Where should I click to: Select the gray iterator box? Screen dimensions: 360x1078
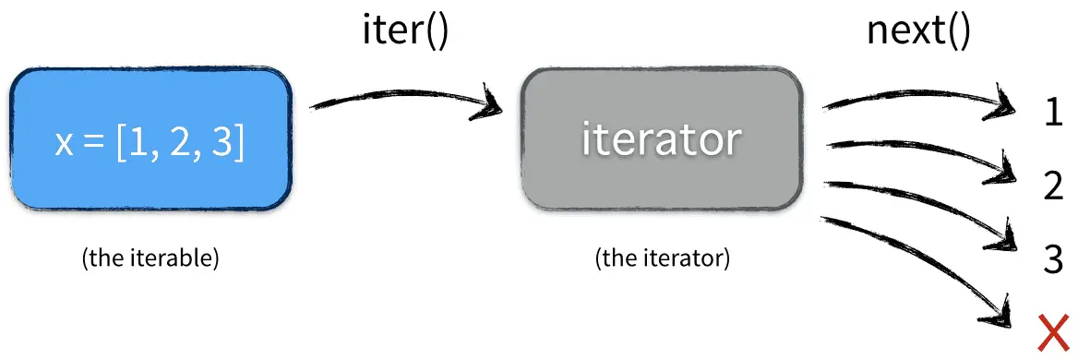pyautogui.click(x=661, y=138)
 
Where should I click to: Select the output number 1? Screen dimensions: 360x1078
pyautogui.click(x=1053, y=114)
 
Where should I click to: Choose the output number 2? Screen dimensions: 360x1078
pyautogui.click(x=1053, y=186)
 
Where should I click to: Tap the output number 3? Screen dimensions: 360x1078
pyautogui.click(x=1053, y=259)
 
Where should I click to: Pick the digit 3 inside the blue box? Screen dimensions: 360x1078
pyautogui.click(x=222, y=144)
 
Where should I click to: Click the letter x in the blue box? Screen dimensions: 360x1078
pyautogui.click(x=63, y=146)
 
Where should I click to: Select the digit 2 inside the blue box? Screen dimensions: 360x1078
pyautogui.click(x=181, y=144)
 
